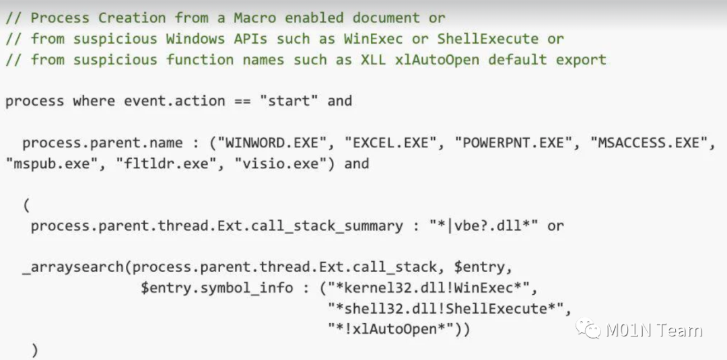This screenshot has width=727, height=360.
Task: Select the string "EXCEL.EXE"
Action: pyautogui.click(x=392, y=143)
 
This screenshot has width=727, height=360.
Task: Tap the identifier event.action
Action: pyautogui.click(x=174, y=101)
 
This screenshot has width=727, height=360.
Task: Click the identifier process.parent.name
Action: pyautogui.click(x=102, y=143)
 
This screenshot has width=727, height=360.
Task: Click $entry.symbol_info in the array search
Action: pyautogui.click(x=217, y=288)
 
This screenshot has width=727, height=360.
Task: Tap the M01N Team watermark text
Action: pyautogui.click(x=654, y=330)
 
